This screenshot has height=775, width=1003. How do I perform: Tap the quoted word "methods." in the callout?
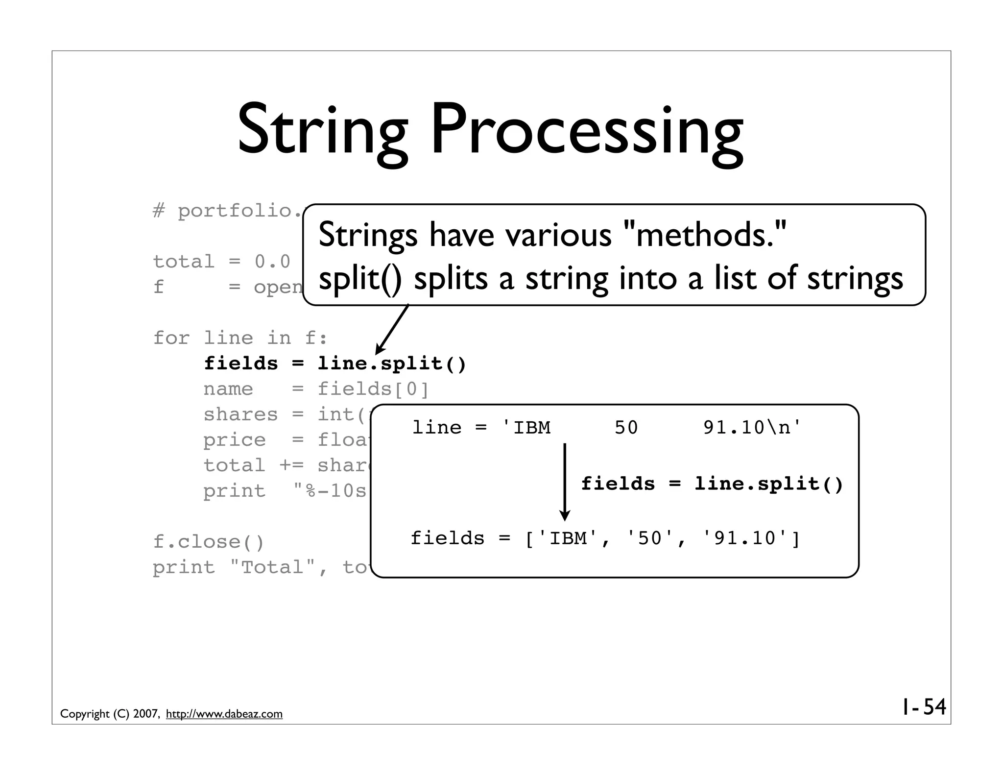[706, 235]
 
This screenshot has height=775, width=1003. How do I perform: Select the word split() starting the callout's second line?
[360, 279]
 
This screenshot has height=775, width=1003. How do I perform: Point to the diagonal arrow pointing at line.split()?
[392, 329]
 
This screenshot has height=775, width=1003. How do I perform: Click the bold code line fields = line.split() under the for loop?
[335, 363]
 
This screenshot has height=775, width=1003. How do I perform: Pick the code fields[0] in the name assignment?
[373, 389]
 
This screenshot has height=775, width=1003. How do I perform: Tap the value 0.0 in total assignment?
[272, 262]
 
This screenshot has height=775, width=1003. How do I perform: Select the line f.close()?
[209, 542]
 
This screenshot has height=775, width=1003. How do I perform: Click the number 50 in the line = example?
[626, 428]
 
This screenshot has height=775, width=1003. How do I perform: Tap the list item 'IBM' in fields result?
[568, 538]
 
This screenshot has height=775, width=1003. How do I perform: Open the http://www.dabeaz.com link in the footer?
[224, 714]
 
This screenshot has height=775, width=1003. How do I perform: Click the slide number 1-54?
[924, 707]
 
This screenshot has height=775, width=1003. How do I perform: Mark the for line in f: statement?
[240, 338]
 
